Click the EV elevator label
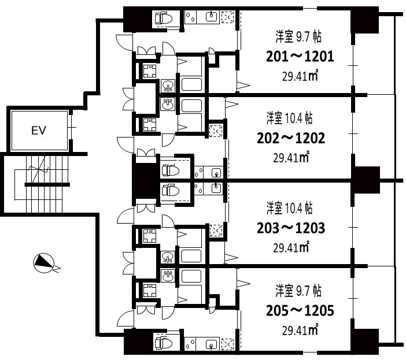39,131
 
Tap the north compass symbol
44,263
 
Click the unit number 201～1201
300,57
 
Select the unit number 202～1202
291,138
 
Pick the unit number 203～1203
291,228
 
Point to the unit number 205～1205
300,310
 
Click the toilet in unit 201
164,18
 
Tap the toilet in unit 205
164,343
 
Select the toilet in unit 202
171,170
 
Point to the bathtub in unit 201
191,84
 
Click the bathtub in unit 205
191,276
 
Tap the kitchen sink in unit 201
212,17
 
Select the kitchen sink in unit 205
211,344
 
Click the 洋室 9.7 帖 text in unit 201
298,36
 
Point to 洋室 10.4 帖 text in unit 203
290,208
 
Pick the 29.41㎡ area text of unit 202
291,157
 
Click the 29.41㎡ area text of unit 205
300,330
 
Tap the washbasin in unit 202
168,104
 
